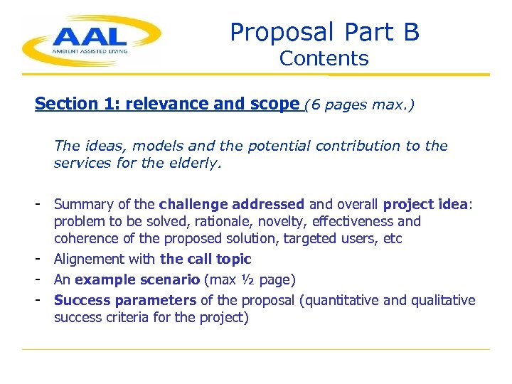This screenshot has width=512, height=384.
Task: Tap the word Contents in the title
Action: click(x=324, y=58)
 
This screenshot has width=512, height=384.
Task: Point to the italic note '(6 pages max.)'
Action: click(x=359, y=105)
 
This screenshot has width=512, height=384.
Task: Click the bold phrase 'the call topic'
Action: click(x=206, y=260)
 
